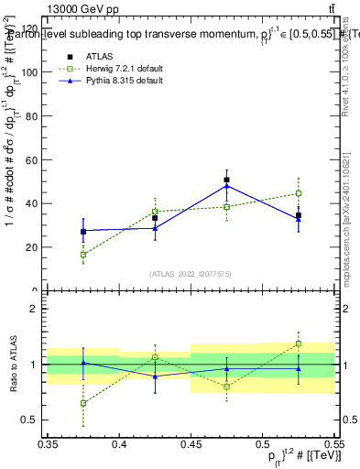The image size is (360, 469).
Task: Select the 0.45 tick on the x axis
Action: [x=191, y=443]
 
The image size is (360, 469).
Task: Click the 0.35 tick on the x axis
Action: [x=48, y=443]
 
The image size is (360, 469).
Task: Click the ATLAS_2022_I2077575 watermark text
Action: [x=191, y=274]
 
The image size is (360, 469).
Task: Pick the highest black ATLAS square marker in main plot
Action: [x=226, y=180]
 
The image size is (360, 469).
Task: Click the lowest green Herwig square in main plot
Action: [x=83, y=255]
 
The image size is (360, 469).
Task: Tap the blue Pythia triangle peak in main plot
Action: [x=226, y=186]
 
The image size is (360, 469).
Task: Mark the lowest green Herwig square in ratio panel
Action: [x=83, y=403]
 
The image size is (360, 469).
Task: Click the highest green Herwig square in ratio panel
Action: [x=299, y=344]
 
